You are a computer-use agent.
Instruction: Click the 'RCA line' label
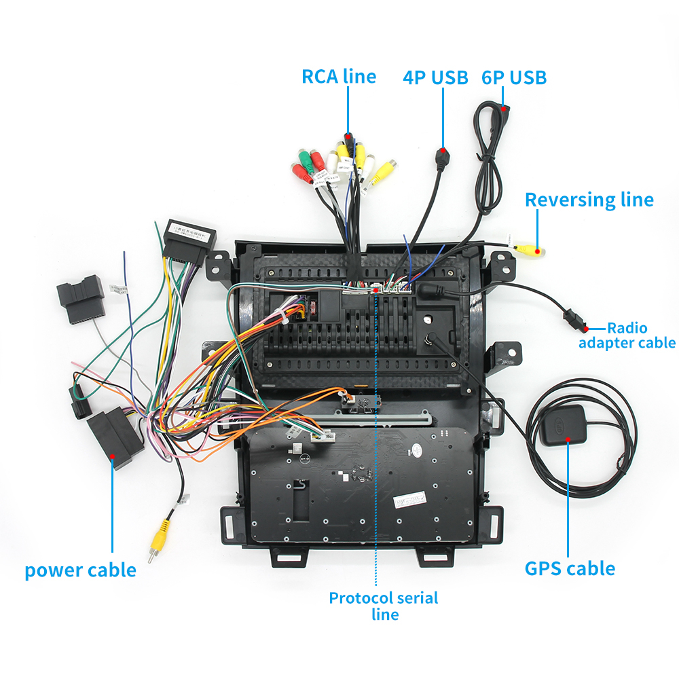tap(338, 76)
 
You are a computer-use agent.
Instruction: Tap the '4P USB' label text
tap(435, 77)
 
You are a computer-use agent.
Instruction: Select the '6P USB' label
tap(514, 77)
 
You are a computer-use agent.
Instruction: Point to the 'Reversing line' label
tap(589, 200)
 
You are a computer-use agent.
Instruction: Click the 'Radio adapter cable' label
tap(627, 335)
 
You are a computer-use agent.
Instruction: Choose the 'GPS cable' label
tap(570, 568)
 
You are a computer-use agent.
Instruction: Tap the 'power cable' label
tap(80, 570)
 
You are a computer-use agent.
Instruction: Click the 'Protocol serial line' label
tap(384, 606)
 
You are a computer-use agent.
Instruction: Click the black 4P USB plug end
tap(443, 160)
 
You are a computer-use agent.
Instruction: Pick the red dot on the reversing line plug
tap(537, 251)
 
